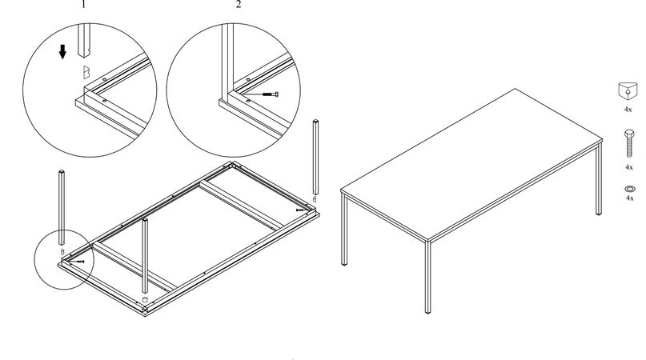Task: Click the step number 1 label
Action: point(83,5)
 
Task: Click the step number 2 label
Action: point(239,5)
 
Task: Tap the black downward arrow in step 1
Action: point(62,52)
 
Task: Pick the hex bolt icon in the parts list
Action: point(629,143)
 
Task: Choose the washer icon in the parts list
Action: point(630,189)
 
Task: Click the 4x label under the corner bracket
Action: point(628,110)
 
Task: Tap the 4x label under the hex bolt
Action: point(629,167)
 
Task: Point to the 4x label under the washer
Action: point(629,198)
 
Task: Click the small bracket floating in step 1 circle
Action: point(86,72)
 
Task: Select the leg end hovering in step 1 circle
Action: point(84,40)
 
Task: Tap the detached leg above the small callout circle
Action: point(62,207)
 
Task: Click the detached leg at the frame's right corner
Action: point(315,157)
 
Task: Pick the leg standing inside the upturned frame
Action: point(145,255)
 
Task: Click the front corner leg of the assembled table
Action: point(427,277)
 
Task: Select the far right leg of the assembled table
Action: point(599,178)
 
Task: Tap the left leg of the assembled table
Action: point(344,230)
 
